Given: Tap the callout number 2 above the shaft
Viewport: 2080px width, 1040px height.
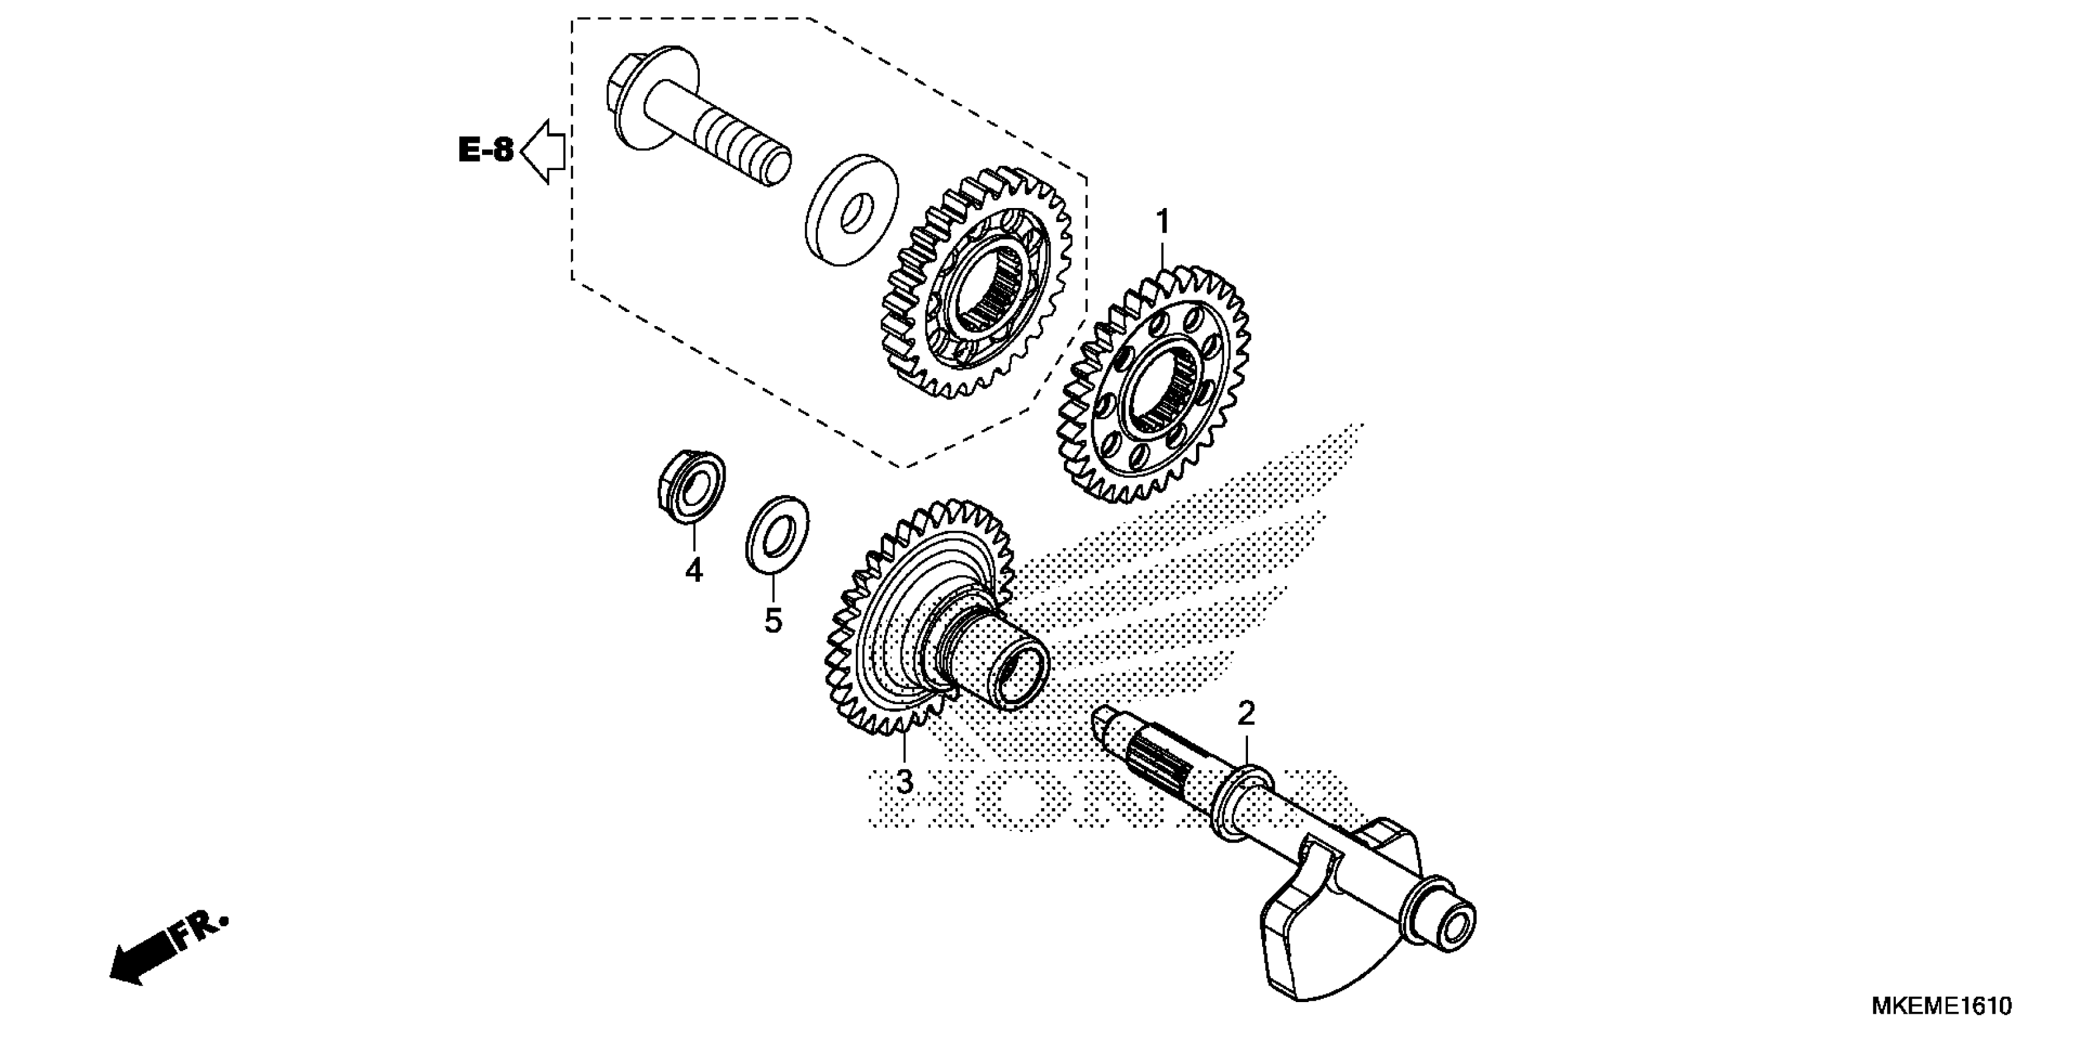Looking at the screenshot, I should [x=1247, y=714].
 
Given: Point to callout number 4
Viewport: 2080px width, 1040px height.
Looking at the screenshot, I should [x=694, y=570].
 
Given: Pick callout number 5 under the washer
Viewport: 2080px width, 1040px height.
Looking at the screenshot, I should [x=773, y=620].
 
